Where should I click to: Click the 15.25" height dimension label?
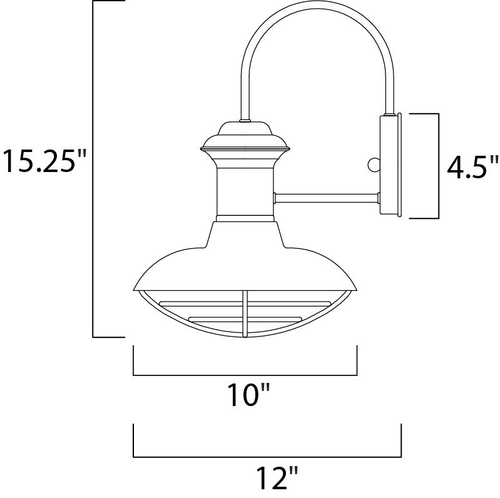[44, 161]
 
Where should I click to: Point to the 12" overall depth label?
[277, 477]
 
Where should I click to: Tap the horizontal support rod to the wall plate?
[327, 198]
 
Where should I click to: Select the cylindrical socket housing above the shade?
[245, 191]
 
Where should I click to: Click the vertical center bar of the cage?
[245, 313]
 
